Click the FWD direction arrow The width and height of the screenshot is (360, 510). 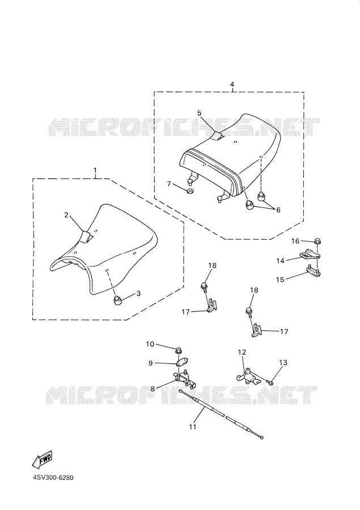coord(43,460)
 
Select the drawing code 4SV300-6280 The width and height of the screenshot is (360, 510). coord(53,478)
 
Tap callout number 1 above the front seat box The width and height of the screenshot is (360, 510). coord(95,170)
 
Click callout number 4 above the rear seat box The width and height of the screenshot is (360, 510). coord(232,84)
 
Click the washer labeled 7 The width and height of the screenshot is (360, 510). coord(190,190)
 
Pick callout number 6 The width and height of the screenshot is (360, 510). coord(278,210)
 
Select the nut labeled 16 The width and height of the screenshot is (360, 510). coord(317,241)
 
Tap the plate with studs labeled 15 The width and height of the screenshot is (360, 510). coord(313,271)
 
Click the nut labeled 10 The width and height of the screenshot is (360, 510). coord(179,351)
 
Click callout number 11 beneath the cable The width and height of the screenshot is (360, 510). coord(193,427)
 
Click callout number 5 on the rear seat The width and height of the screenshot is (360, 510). coord(200,113)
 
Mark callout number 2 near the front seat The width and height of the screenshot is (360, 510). coord(66,215)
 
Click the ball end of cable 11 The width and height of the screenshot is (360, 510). coord(261,437)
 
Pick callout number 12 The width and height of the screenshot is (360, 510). coord(242,352)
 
